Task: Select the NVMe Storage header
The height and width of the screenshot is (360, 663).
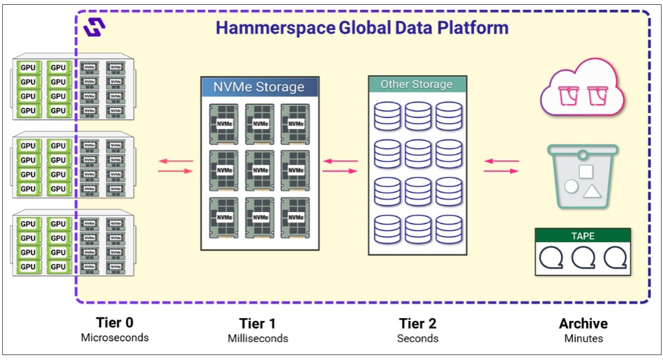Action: [259, 87]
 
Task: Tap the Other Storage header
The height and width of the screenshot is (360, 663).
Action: [416, 84]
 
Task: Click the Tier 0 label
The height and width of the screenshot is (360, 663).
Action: [114, 323]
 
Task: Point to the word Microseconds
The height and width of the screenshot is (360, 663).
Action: [114, 338]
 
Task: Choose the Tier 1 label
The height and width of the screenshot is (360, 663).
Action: [258, 324]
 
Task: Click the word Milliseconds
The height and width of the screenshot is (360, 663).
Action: [258, 338]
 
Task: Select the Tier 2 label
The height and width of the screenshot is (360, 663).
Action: [417, 324]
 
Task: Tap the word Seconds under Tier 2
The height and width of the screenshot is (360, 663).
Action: [417, 338]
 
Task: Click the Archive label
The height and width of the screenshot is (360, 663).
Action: [583, 324]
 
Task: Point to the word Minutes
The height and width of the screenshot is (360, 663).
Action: [583, 338]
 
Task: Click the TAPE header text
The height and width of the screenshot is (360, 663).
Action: [583, 236]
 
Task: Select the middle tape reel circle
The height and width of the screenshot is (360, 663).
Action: [583, 257]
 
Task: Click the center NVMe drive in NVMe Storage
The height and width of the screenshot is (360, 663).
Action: [260, 170]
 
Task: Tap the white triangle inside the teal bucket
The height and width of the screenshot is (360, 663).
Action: [592, 192]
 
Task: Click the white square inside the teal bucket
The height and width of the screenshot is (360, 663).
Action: [586, 172]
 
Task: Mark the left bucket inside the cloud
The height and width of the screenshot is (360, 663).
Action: [568, 95]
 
